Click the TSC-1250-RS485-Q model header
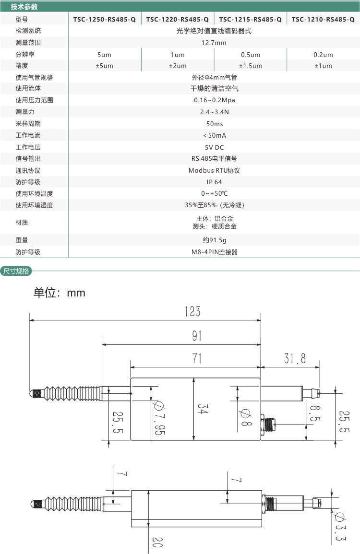[x=105, y=20]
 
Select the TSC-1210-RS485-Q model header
[x=323, y=20]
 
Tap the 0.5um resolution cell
[x=250, y=55]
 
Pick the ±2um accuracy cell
[x=178, y=66]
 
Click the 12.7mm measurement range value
[x=214, y=43]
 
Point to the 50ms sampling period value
[x=214, y=124]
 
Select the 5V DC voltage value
[x=214, y=147]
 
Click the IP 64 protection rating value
[x=214, y=182]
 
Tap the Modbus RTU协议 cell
[x=214, y=170]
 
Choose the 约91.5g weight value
[x=214, y=240]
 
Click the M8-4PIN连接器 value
[x=214, y=252]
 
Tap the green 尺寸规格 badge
[x=16, y=271]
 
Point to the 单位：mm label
[x=59, y=293]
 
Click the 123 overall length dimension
[x=192, y=312]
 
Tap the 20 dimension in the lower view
[x=158, y=542]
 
